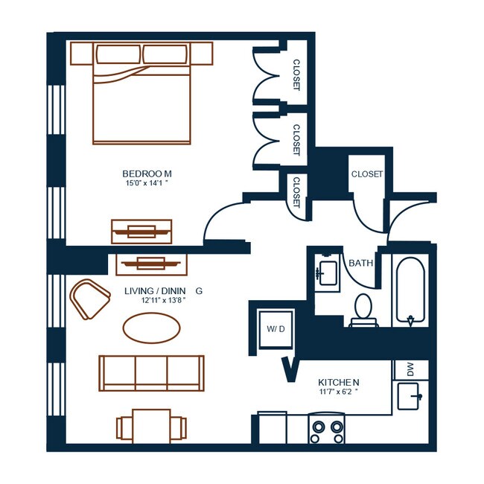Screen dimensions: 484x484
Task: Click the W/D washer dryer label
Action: (276, 329)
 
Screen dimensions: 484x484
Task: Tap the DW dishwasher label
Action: (410, 369)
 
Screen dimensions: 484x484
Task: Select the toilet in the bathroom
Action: (363, 311)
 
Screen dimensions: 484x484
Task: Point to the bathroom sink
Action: (327, 273)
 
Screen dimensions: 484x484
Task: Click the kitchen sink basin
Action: (408, 396)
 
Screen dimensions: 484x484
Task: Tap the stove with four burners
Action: (327, 428)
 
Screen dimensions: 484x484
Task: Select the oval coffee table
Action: (152, 328)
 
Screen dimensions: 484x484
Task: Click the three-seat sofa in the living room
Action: (152, 374)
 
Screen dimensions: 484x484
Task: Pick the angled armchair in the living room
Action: (89, 299)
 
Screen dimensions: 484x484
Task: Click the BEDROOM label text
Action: (147, 173)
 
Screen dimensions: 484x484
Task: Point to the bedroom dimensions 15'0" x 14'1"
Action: (147, 182)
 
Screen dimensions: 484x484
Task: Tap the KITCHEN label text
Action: (339, 383)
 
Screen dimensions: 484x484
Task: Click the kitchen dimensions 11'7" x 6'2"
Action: (339, 392)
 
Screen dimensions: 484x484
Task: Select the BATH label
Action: (361, 264)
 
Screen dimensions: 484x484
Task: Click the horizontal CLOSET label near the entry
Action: (367, 174)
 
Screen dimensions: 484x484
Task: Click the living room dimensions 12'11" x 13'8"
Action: (163, 300)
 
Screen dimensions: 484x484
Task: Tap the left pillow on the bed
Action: (118, 54)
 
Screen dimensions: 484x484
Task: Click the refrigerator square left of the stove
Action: (273, 428)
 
